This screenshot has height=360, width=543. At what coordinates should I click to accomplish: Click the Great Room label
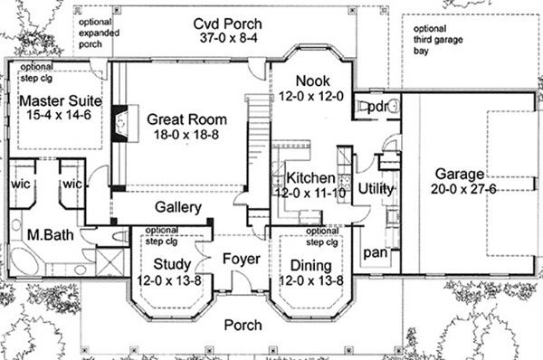tap(187, 119)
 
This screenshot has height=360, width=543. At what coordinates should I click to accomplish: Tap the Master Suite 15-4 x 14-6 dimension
tap(59, 115)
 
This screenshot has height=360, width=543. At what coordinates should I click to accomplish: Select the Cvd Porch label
tap(227, 24)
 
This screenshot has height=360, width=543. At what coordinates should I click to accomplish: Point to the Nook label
tap(313, 81)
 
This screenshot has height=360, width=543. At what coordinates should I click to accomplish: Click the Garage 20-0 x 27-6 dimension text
tap(463, 189)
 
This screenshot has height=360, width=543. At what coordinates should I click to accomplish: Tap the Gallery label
tap(178, 207)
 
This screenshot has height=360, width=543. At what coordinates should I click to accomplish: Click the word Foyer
tap(242, 259)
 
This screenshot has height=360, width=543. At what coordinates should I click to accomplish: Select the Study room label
tap(172, 264)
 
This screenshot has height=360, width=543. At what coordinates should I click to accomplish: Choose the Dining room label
tap(311, 266)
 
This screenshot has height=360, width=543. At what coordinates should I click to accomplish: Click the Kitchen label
tap(310, 178)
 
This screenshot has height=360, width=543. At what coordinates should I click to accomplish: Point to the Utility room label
tap(376, 189)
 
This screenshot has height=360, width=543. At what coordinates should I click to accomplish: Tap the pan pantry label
tap(376, 253)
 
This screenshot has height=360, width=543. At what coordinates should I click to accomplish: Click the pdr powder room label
tap(377, 107)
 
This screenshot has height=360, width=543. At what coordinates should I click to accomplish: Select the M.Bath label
tap(51, 235)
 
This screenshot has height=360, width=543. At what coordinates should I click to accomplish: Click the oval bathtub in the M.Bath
tap(24, 262)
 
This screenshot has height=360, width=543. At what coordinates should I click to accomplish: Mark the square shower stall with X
tap(110, 261)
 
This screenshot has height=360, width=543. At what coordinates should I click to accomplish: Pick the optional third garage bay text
tap(438, 40)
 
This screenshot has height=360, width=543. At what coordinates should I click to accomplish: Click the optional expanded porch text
tap(99, 33)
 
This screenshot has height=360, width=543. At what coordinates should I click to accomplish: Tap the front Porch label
tap(243, 325)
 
